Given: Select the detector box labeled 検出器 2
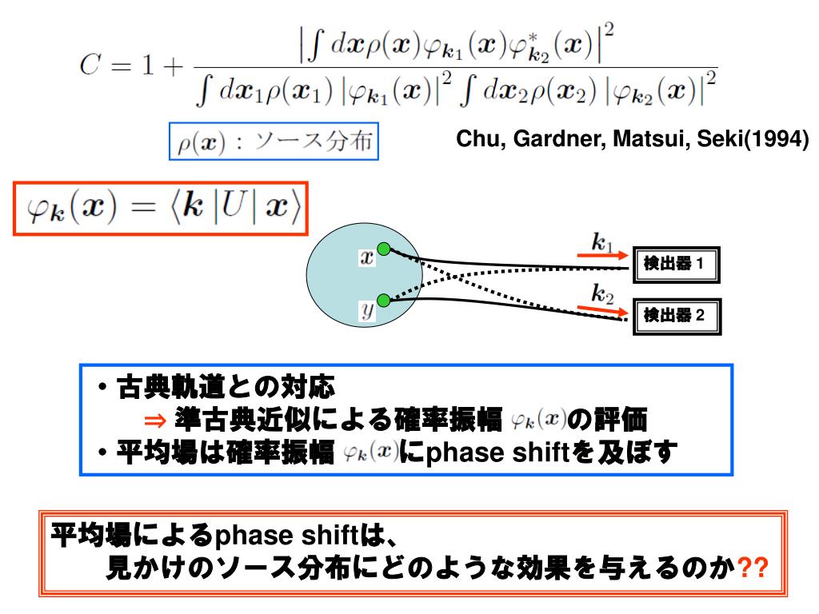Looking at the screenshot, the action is coord(676,315).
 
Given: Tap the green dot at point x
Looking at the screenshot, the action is coord(384,249).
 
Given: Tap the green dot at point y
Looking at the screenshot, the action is coord(384,300).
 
